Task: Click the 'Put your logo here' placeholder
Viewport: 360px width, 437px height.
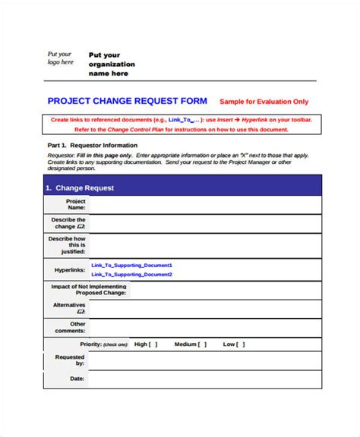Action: [61, 58]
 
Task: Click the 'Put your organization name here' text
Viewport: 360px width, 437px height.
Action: [112, 64]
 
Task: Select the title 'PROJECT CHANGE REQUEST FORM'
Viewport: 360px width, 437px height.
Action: [128, 100]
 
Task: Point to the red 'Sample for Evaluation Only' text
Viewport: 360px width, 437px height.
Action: [264, 101]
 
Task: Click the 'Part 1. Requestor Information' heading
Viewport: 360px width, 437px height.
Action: [92, 145]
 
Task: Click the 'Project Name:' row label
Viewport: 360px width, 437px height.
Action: [75, 205]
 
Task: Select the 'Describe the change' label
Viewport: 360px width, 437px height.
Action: [68, 223]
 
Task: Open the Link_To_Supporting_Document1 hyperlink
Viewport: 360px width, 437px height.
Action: [131, 265]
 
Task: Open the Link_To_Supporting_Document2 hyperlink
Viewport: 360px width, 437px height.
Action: [131, 274]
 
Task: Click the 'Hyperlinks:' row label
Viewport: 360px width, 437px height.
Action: [69, 269]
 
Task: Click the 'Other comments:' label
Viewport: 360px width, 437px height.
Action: [73, 327]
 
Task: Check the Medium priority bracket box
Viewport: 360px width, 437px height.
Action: [202, 344]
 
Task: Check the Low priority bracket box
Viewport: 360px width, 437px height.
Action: [241, 344]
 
